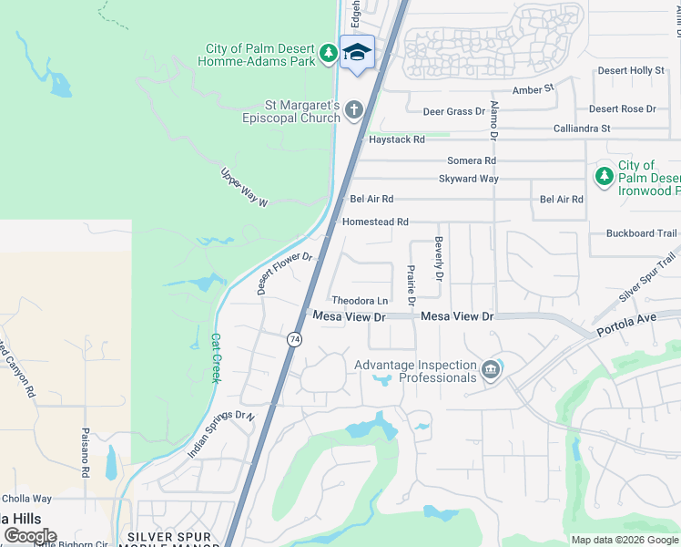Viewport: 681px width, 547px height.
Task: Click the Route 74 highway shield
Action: [x=294, y=339]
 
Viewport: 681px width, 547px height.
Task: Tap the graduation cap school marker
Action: [x=358, y=52]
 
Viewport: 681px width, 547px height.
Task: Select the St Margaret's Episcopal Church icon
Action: [x=354, y=109]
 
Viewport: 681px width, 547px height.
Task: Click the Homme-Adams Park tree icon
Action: [x=329, y=55]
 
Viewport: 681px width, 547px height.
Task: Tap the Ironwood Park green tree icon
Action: [x=603, y=177]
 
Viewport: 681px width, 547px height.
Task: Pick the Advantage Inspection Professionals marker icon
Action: [x=491, y=369]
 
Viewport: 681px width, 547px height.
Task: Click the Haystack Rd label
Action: [x=396, y=139]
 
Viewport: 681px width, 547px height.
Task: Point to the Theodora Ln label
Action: [x=360, y=301]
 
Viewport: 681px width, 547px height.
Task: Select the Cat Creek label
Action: [x=216, y=356]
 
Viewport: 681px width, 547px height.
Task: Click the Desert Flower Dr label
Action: [x=285, y=273]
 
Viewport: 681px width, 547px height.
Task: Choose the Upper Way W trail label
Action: [x=245, y=186]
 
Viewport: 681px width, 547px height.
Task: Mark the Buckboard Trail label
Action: [x=642, y=233]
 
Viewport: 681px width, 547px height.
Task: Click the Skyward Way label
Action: [x=468, y=179]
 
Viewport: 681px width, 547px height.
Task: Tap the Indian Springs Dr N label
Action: [x=221, y=434]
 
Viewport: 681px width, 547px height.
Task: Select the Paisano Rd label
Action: [x=84, y=452]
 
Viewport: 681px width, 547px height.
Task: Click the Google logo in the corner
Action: [x=30, y=535]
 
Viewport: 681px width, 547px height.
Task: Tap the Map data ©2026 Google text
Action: [x=625, y=540]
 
